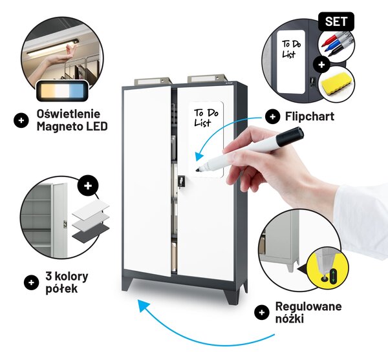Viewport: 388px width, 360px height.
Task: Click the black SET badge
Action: click(336, 21)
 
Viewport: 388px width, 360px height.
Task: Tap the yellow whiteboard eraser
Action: click(336, 84)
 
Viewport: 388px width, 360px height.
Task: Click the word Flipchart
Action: click(310, 116)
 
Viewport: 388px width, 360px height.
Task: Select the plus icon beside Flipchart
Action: click(272, 116)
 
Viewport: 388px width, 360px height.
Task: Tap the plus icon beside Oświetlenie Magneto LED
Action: click(21, 120)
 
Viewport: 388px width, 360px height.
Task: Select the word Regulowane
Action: click(308, 306)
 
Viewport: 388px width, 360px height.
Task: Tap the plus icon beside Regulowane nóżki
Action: click(262, 313)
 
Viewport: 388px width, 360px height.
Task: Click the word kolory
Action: click(71, 276)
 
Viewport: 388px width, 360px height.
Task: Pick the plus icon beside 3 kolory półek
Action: click(32, 282)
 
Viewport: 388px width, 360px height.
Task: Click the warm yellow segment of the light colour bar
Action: click(47, 90)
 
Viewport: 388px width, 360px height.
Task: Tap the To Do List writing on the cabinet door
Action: click(206, 118)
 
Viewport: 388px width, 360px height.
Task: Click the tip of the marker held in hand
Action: click(197, 170)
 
